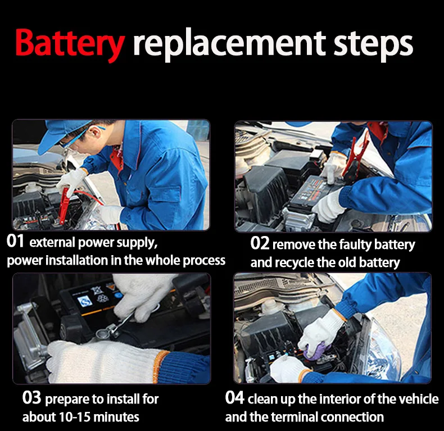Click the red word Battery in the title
point(70,43)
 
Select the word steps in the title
point(373,46)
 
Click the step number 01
point(15,242)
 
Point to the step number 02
point(260,243)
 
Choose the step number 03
point(31,398)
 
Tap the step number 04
point(234,397)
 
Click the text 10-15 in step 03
point(75,417)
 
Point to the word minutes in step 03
point(116,417)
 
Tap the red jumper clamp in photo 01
point(64,205)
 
